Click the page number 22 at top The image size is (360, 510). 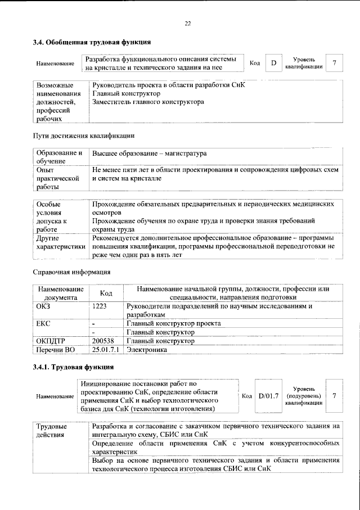tap(187, 23)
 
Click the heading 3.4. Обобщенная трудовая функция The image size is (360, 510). tap(91, 42)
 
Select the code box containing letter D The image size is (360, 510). tap(273, 63)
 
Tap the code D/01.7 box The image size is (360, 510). tap(268, 396)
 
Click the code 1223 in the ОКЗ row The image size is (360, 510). tap(99, 306)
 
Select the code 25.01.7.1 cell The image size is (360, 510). tap(106, 350)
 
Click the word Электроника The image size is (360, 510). tap(147, 350)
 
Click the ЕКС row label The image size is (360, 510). tap(44, 324)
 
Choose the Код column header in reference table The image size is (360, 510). tap(106, 293)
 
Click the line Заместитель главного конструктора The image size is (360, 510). tap(148, 102)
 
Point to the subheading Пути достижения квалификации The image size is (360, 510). tap(83, 136)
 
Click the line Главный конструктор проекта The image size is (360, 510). tap(173, 324)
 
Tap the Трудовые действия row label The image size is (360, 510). tap(48, 431)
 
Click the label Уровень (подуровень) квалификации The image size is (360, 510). tap(304, 396)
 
